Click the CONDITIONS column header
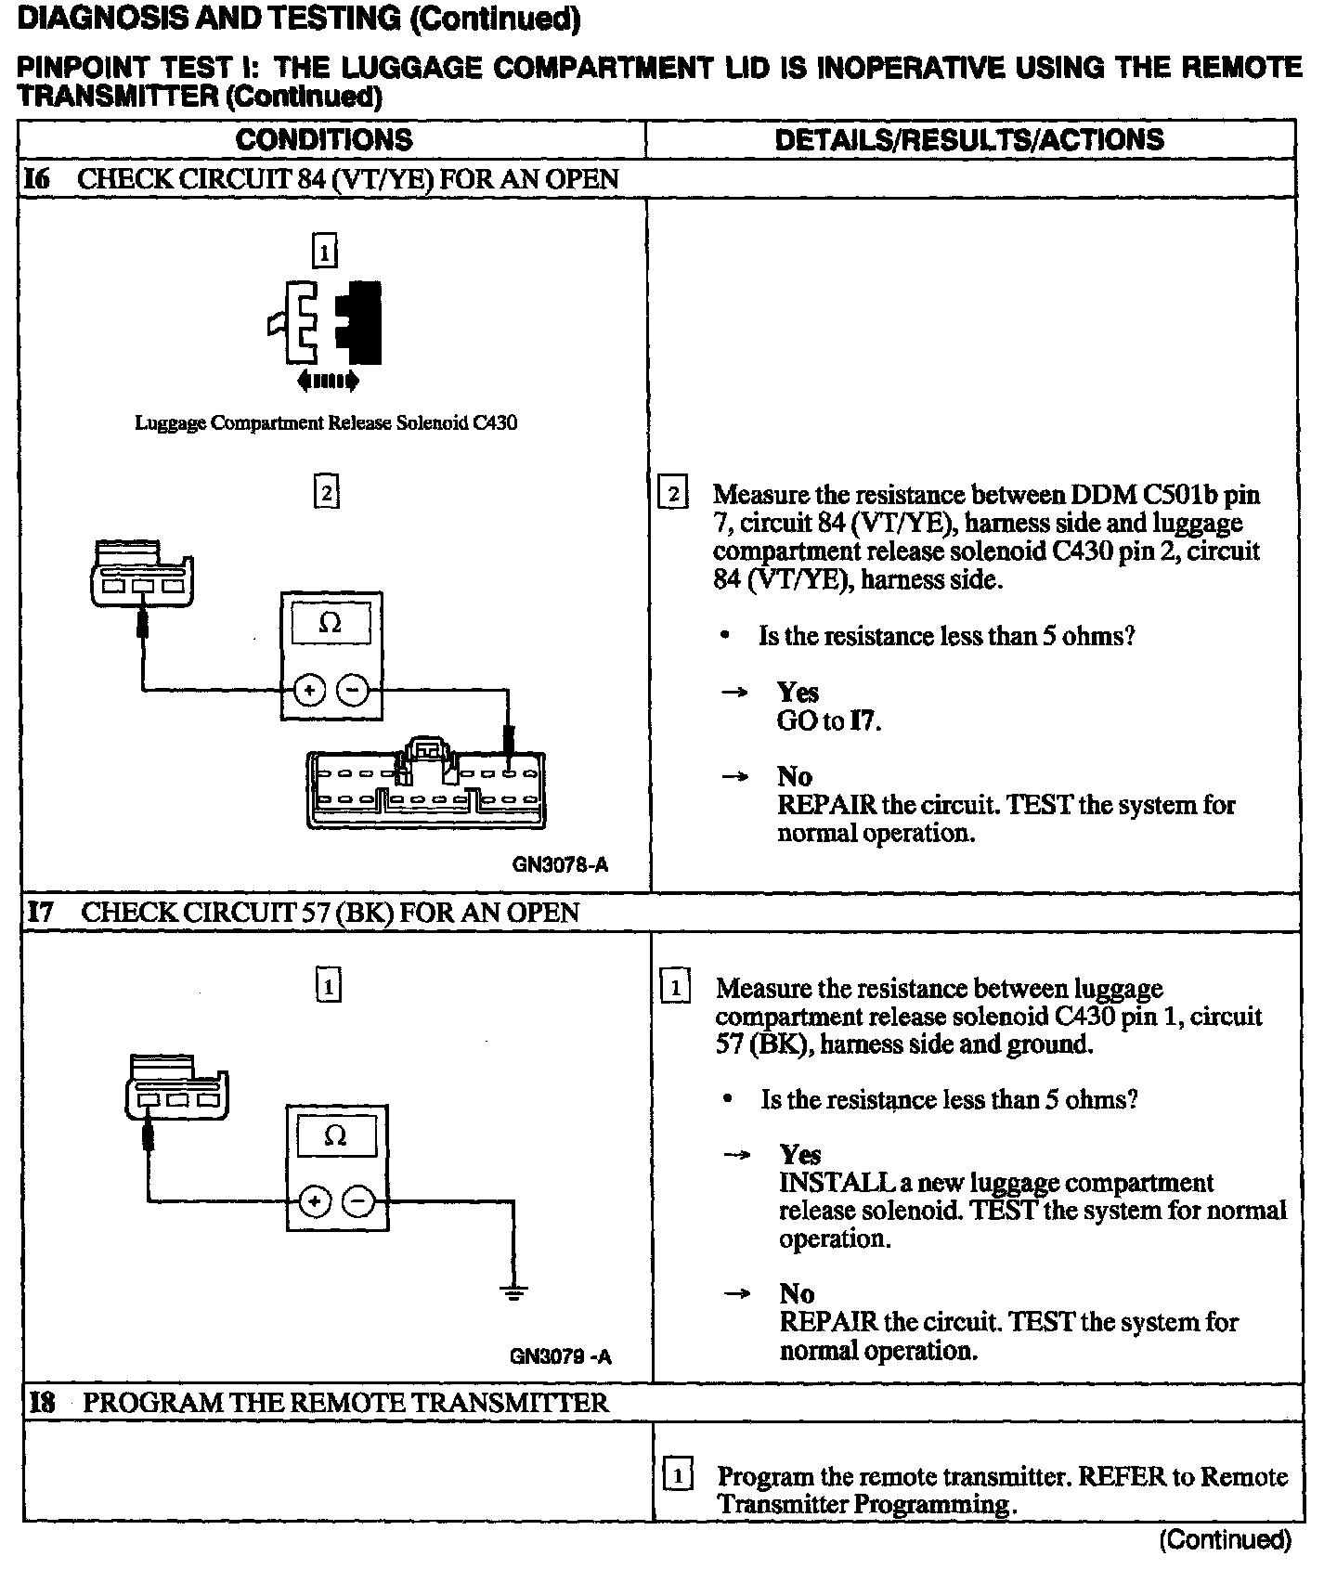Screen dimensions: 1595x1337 tap(323, 139)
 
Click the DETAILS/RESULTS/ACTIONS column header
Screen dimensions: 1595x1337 tap(968, 139)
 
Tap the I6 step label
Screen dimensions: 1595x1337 tap(37, 178)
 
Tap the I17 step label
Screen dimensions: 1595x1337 tap(40, 912)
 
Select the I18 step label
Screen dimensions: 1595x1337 tap(42, 1402)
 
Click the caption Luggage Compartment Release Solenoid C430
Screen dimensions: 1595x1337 tap(326, 423)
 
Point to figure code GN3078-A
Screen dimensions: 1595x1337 tap(560, 865)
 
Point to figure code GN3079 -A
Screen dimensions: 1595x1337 tap(560, 1356)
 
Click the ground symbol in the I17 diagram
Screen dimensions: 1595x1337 tap(513, 1291)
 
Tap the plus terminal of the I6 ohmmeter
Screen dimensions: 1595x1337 tap(309, 690)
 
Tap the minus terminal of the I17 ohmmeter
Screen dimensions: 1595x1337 tap(358, 1202)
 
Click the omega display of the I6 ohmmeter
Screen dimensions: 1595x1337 tap(331, 623)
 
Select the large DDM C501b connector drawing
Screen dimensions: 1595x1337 tap(426, 785)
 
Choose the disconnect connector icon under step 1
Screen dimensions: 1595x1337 tap(325, 325)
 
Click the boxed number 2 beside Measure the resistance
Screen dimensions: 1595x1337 tap(672, 494)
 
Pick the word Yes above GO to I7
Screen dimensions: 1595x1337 tap(798, 693)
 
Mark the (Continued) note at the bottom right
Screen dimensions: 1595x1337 tap(1225, 1540)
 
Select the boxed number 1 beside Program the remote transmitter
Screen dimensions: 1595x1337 tap(679, 1475)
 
